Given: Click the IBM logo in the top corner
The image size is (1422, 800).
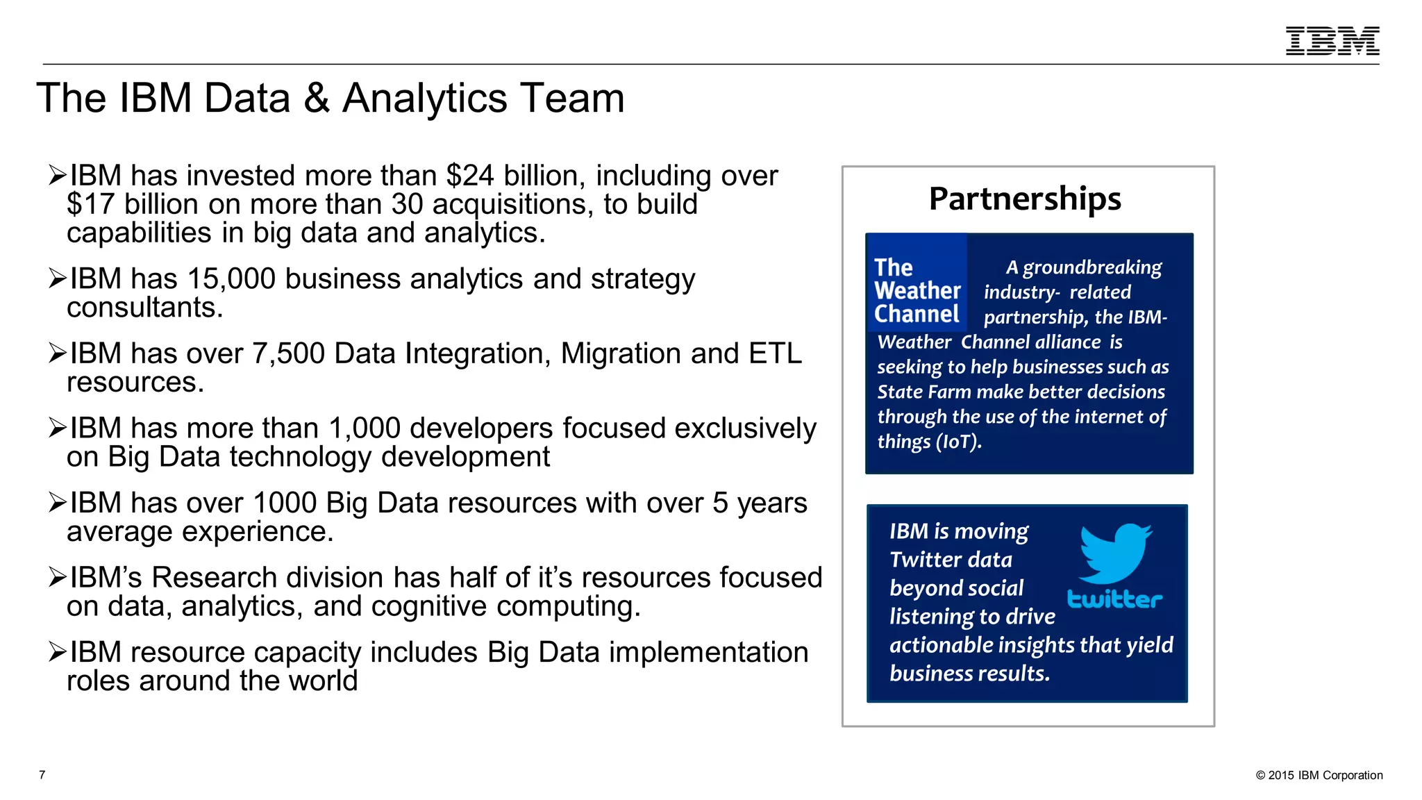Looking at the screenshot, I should click(1332, 41).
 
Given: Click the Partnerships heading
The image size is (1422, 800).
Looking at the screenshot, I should click(1025, 199).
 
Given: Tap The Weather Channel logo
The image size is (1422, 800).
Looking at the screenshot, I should click(917, 290).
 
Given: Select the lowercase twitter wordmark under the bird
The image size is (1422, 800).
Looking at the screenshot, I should click(1114, 599).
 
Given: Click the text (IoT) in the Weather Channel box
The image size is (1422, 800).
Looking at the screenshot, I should click(959, 442).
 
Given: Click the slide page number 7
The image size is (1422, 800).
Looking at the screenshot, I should click(42, 775).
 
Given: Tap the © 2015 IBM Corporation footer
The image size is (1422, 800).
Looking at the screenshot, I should click(1319, 776).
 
